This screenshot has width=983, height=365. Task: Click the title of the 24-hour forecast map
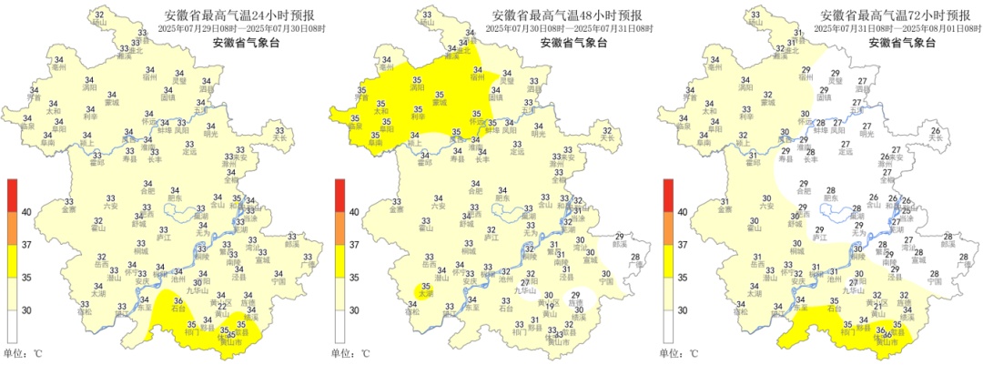(236, 15)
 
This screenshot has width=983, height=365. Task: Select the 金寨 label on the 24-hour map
(70, 209)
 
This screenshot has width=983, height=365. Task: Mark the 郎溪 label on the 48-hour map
(620, 245)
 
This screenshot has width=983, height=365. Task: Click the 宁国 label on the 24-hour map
(278, 281)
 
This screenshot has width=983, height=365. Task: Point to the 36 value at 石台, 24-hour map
(178, 302)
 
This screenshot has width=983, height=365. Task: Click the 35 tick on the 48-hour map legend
(355, 278)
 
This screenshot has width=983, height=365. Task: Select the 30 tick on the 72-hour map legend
(683, 310)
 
